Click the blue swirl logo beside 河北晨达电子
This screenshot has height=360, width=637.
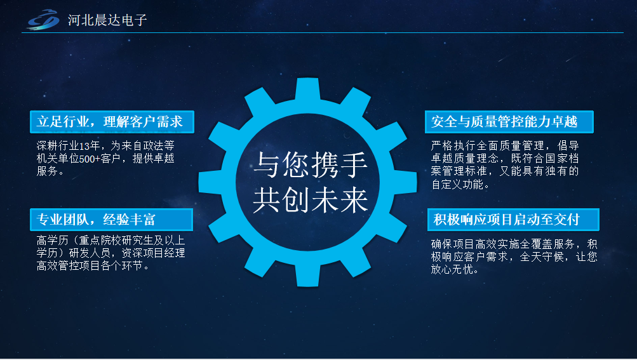tap(43, 20)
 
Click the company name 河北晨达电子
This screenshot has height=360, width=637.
tap(107, 20)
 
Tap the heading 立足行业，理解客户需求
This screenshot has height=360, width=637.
tap(111, 121)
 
